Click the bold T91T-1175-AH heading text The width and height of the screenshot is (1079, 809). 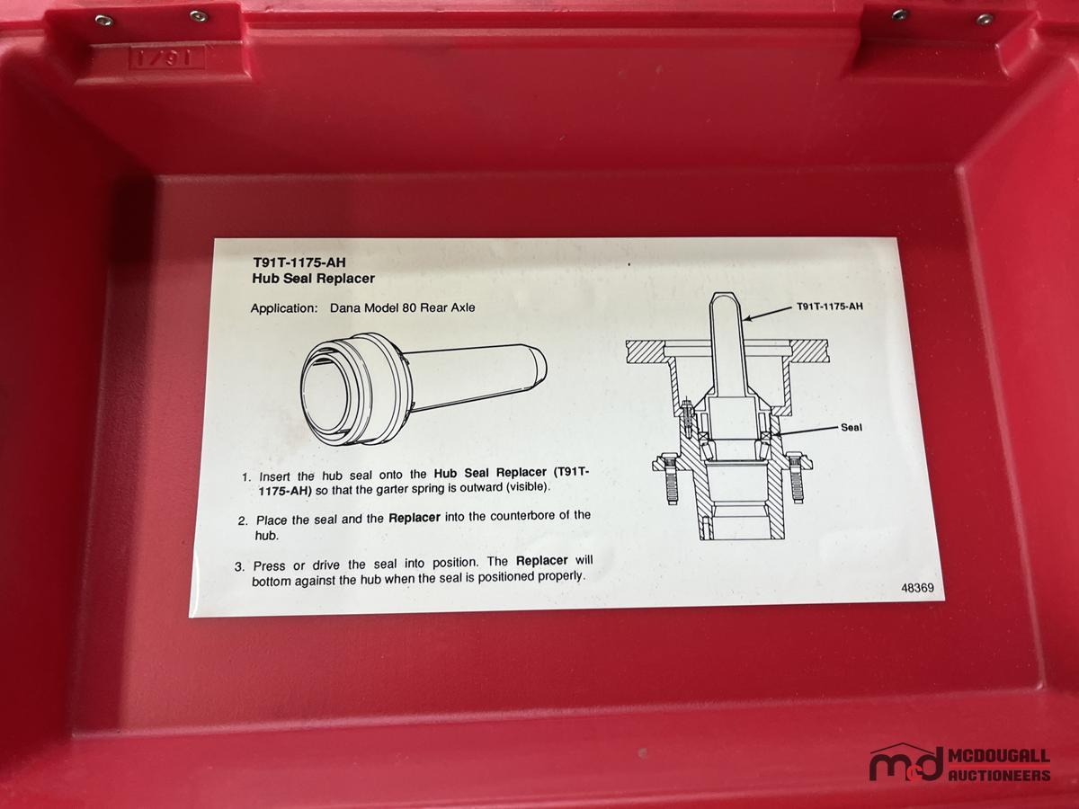tap(299, 262)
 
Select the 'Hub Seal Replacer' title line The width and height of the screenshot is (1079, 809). tap(313, 279)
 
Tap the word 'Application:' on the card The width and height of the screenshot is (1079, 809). tap(285, 308)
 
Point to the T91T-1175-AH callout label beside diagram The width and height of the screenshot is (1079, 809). tap(830, 307)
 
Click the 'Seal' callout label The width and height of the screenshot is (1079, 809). tap(852, 427)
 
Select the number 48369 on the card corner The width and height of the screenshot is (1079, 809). tap(918, 588)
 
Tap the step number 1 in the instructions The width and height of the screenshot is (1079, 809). tap(246, 477)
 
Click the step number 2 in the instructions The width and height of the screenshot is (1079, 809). tap(243, 521)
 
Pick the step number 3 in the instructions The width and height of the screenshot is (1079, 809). tap(239, 567)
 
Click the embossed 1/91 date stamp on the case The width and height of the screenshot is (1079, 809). tap(167, 58)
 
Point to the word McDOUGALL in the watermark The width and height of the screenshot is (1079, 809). tap(999, 756)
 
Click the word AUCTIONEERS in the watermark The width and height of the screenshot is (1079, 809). tap(999, 775)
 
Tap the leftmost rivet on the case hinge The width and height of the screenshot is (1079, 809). tap(103, 20)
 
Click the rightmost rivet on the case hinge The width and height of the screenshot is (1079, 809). tap(985, 19)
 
